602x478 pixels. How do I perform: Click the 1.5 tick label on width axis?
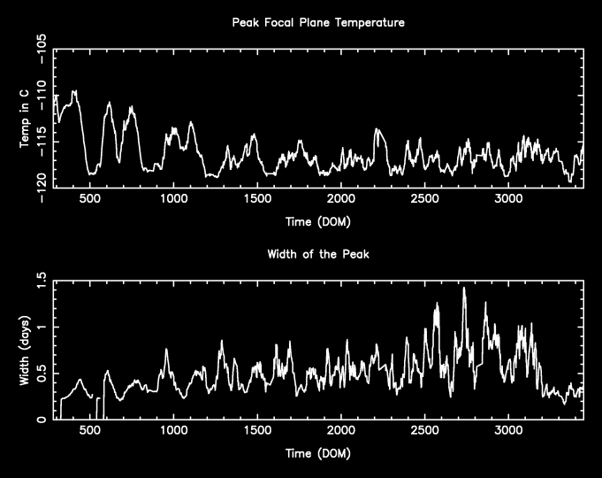pos(41,281)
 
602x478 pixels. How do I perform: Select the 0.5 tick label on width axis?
pos(41,374)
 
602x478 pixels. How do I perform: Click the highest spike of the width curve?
pos(464,289)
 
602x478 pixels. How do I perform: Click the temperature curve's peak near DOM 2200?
pos(377,130)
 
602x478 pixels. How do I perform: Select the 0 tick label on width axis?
pos(41,420)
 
